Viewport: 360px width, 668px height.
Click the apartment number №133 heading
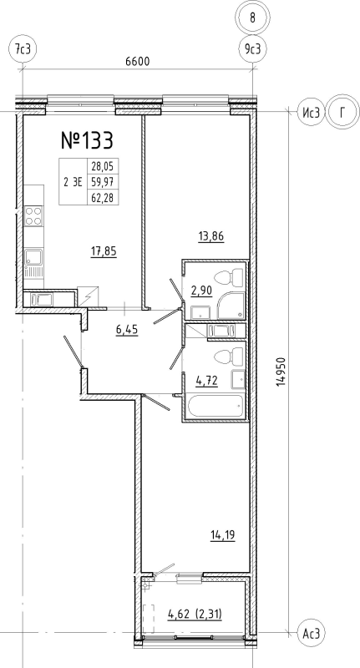click(x=88, y=140)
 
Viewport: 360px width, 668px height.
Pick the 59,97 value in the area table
click(x=103, y=182)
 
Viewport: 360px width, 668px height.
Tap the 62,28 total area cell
click(x=103, y=197)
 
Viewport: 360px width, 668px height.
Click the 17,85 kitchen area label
click(x=104, y=251)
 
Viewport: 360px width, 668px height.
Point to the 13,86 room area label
click(x=211, y=235)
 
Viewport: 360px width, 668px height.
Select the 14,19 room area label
click(x=223, y=534)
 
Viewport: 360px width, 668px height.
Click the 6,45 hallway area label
click(x=127, y=330)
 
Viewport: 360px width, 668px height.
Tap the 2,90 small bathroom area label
click(x=201, y=291)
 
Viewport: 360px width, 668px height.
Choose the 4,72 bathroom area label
click(x=206, y=381)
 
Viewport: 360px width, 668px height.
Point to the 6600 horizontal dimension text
click(x=138, y=61)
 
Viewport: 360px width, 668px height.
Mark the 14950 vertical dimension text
click(x=281, y=372)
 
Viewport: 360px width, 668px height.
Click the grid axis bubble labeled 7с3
click(x=23, y=49)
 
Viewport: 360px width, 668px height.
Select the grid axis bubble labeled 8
click(x=252, y=18)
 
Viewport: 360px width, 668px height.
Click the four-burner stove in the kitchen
click(x=33, y=215)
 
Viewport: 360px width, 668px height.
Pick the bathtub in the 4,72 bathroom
click(x=215, y=407)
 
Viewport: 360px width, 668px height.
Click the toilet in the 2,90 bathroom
click(x=228, y=279)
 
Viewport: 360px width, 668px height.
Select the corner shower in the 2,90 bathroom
click(x=231, y=306)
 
